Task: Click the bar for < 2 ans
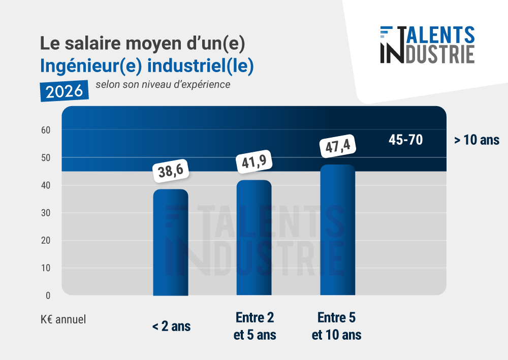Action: [x=171, y=242]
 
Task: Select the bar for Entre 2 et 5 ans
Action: [x=254, y=238]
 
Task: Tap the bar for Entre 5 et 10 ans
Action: [x=337, y=230]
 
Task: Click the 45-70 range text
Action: [x=405, y=140]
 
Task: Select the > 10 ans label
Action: [x=477, y=140]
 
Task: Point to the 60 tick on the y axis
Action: [x=46, y=130]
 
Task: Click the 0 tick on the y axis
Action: [x=48, y=296]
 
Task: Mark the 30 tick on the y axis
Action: [x=46, y=213]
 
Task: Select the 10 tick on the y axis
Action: [x=46, y=268]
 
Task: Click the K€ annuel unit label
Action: [x=63, y=319]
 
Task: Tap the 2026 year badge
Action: [x=65, y=91]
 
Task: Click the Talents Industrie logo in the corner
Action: [x=427, y=45]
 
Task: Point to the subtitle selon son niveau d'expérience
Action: [x=163, y=84]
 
